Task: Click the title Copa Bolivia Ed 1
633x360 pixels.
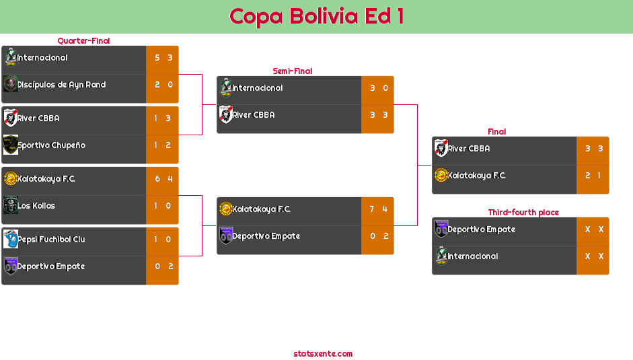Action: coord(316,16)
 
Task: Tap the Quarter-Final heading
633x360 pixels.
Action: coord(83,41)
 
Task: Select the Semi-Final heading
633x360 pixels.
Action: coord(291,71)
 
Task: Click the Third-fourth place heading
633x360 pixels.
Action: coord(523,213)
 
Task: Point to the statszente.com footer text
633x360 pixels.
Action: coord(323,354)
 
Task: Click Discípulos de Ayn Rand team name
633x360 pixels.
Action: coord(61,85)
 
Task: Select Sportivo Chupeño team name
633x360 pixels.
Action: coord(51,145)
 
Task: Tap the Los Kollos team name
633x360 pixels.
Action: coord(36,206)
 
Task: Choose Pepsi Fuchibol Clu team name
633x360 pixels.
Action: coord(51,240)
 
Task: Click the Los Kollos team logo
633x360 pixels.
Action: coord(10,205)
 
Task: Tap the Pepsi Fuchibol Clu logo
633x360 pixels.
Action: coord(10,239)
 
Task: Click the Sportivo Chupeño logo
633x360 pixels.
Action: coord(10,145)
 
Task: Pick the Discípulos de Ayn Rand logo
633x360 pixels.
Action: coord(10,85)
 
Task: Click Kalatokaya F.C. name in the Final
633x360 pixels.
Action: coord(476,176)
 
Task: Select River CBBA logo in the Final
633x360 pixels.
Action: coord(441,148)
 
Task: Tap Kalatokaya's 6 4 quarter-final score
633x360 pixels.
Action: coord(163,179)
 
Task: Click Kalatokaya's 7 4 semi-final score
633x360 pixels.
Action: coord(378,209)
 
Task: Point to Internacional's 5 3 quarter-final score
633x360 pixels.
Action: coord(163,58)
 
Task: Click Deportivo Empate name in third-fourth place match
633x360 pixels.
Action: coord(481,229)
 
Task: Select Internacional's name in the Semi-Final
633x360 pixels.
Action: coord(257,88)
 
